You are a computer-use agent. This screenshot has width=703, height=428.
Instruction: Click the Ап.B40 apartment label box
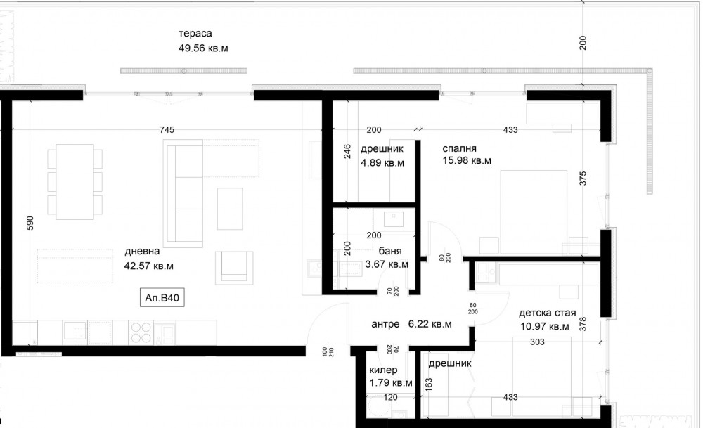click(x=162, y=297)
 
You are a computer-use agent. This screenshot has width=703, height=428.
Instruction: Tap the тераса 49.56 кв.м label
click(x=203, y=41)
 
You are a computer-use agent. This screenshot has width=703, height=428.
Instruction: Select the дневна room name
click(x=142, y=251)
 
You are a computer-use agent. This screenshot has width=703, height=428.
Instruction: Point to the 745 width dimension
click(x=167, y=129)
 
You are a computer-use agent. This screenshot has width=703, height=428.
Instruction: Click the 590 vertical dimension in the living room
click(x=30, y=223)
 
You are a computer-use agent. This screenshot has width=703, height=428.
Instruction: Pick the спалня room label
click(x=459, y=148)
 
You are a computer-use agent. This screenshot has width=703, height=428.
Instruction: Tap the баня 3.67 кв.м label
click(x=387, y=258)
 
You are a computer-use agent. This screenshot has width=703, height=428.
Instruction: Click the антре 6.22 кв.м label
click(x=411, y=323)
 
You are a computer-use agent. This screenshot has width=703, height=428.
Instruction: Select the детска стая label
click(x=548, y=313)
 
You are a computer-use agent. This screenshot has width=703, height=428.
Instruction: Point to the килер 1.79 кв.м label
click(x=390, y=377)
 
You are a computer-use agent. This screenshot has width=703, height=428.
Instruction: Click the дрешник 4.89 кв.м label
click(x=382, y=155)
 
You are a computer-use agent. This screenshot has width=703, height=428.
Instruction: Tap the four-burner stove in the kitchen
click(x=141, y=332)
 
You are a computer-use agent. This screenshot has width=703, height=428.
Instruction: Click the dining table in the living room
click(x=75, y=181)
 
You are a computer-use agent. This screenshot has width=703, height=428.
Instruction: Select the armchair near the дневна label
click(x=233, y=268)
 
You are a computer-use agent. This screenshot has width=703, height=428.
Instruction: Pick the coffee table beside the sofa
click(x=230, y=209)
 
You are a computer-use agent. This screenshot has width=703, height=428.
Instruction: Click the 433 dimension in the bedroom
click(x=510, y=129)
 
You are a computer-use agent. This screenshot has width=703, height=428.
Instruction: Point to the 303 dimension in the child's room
click(x=537, y=342)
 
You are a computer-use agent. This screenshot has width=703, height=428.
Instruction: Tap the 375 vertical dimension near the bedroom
click(x=582, y=178)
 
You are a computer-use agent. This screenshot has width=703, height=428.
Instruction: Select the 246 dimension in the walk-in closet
click(x=347, y=152)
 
